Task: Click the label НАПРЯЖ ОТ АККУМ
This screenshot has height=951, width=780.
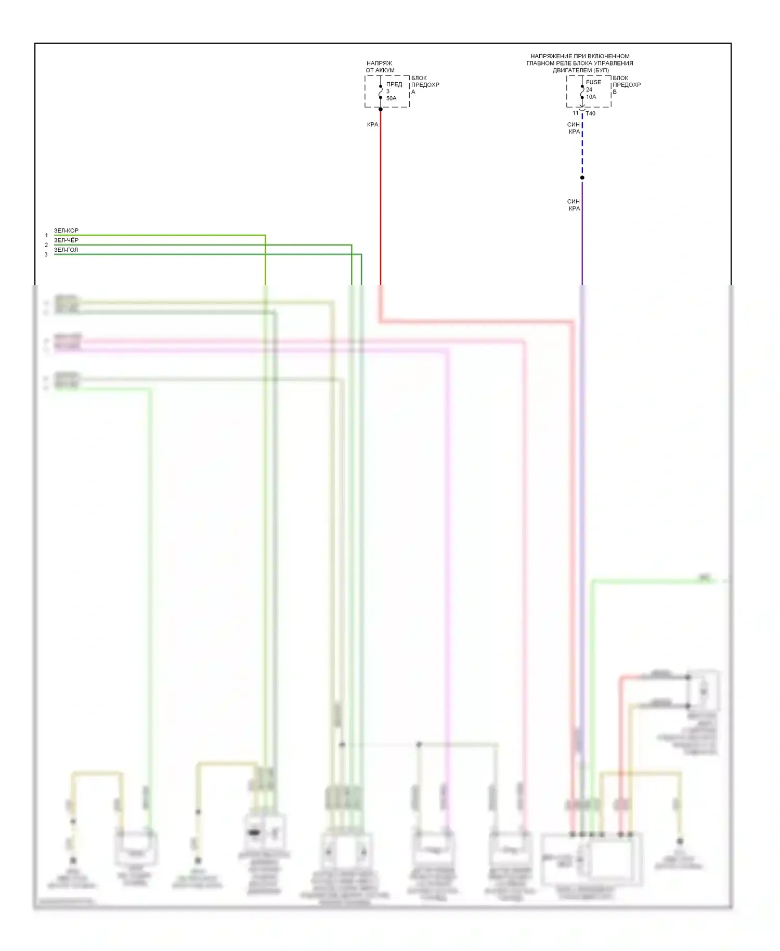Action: coord(380,67)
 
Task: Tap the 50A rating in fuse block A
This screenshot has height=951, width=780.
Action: coord(391,98)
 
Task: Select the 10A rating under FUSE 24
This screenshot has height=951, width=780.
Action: coord(591,97)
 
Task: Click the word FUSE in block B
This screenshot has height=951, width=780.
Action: coord(593,82)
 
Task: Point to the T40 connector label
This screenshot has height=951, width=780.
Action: coord(591,113)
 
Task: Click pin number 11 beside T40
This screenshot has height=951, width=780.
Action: coord(576,113)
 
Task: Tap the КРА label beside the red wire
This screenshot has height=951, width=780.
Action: coord(372,125)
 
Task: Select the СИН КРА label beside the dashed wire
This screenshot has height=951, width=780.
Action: coord(574,128)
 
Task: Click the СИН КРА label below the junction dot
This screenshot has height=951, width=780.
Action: coord(574,205)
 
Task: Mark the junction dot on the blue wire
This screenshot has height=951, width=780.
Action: coord(582,178)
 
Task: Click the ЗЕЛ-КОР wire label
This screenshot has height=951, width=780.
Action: coord(66,230)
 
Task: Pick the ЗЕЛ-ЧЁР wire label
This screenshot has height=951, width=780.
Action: coord(66,240)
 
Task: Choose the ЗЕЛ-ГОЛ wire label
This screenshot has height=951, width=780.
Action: coord(66,250)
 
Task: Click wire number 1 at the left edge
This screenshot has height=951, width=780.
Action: coord(46,236)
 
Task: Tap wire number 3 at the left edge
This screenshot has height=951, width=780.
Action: coord(46,255)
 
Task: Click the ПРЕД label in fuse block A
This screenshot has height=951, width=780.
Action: coord(394,84)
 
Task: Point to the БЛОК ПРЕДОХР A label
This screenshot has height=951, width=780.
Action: coord(425,85)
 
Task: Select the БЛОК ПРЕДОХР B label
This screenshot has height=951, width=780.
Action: coord(626,85)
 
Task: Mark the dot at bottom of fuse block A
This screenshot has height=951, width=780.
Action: coord(381,109)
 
